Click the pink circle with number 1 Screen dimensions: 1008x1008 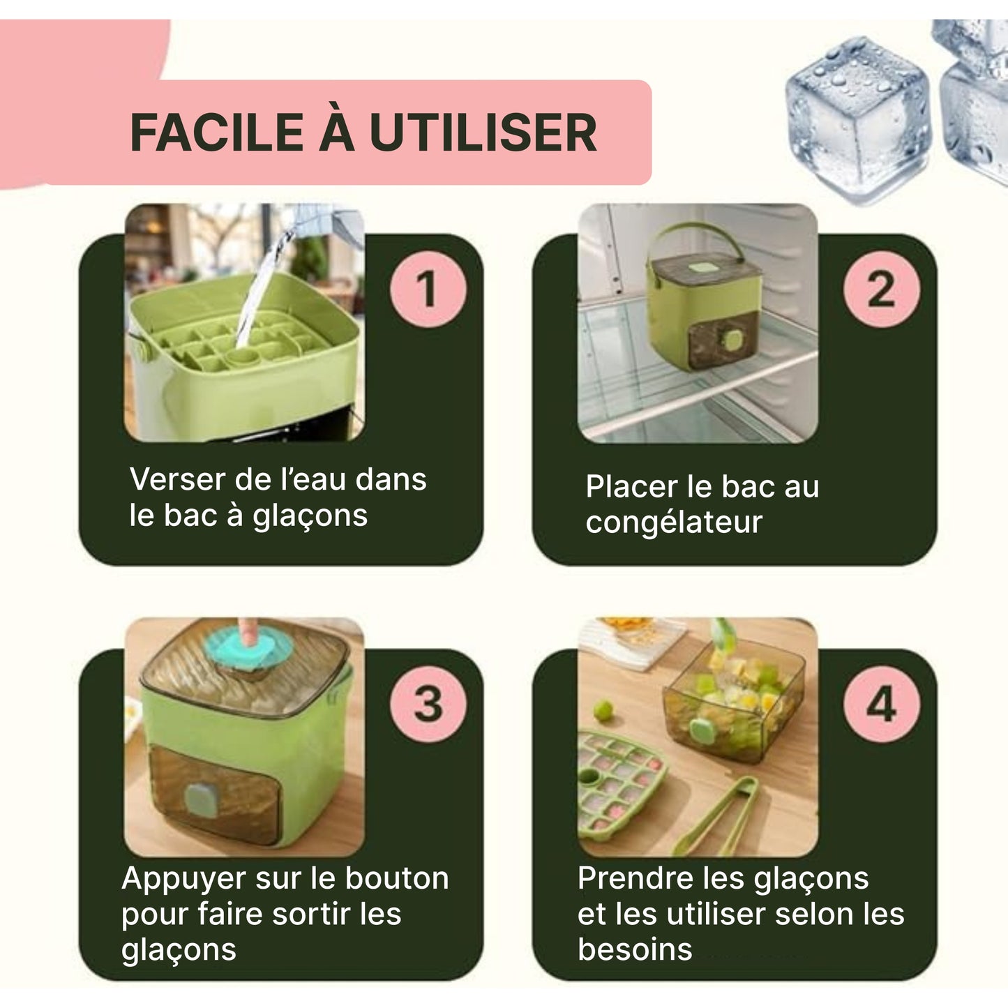[427, 289]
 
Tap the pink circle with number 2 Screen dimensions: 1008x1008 [881, 289]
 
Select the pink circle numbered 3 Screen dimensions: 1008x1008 [427, 704]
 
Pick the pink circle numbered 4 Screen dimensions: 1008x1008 [881, 704]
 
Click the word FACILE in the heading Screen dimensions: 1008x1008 [217, 133]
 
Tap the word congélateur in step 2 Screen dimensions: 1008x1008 [674, 522]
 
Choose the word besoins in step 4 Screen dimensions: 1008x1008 [635, 950]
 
